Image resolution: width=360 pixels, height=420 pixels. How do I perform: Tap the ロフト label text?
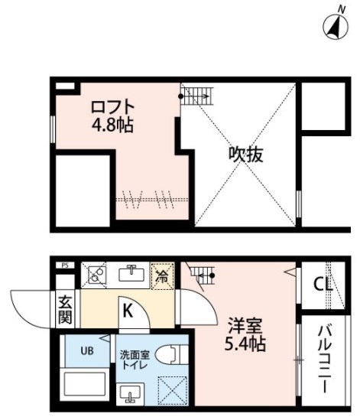pos(112,106)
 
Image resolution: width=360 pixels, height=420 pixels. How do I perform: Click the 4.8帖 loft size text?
pos(112,125)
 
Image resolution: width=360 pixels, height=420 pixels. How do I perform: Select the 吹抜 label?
pos(245,154)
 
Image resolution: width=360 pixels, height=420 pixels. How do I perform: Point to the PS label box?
pos(65,265)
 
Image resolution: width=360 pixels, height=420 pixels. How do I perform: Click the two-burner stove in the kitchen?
pos(94,275)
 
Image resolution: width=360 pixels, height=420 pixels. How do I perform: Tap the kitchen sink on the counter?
pos(131,273)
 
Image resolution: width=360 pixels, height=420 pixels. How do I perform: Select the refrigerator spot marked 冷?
pos(163,276)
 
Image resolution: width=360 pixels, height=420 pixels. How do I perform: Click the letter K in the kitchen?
pos(128,311)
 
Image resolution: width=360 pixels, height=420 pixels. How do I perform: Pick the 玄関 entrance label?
pos(65,309)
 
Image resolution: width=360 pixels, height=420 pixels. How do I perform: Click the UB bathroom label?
pos(87,350)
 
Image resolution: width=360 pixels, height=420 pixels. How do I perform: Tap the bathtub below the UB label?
pos(85,384)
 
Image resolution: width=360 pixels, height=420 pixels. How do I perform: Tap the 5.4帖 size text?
pos(245,343)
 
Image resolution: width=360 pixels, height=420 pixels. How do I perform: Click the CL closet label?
pos(323,285)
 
